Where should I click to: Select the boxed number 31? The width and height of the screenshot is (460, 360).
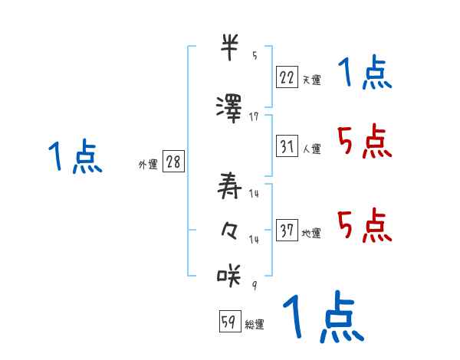286,146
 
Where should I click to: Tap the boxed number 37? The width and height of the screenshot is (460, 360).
286,231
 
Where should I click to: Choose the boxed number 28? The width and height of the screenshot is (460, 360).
173,163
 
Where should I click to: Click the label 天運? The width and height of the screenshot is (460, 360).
311,79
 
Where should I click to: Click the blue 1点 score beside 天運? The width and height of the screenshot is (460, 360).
364,74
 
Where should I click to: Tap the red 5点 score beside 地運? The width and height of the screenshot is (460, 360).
364,226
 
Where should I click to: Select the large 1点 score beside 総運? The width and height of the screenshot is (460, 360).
322,316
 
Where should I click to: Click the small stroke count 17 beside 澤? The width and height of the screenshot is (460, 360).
254,116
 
